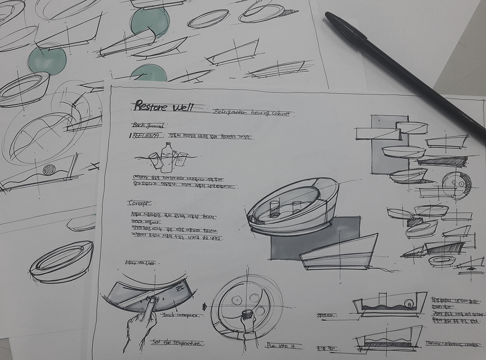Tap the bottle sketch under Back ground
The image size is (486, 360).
166,156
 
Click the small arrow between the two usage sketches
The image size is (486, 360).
204,306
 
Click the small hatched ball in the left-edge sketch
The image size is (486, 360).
49,169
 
